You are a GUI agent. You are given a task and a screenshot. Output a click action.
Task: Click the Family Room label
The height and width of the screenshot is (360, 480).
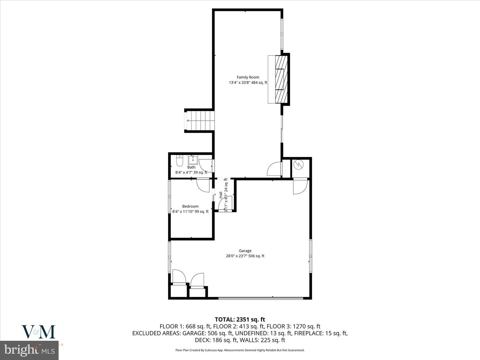point(248,77)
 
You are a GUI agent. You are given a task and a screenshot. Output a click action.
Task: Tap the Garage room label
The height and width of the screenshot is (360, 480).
point(245,251)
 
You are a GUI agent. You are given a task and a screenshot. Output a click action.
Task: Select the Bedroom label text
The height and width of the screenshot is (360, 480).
point(190,206)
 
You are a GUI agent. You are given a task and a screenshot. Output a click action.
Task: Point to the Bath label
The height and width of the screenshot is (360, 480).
point(191,167)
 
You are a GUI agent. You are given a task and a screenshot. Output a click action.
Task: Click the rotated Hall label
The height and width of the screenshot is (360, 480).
point(221,195)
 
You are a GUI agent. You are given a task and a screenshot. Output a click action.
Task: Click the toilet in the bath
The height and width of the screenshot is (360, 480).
point(179,162)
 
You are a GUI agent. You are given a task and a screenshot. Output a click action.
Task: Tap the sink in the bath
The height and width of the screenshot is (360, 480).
point(193,159)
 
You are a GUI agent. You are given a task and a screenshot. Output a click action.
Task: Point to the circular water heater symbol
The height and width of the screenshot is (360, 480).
point(298,165)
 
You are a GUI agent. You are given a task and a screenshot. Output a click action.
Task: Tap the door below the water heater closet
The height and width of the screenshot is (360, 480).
point(299,187)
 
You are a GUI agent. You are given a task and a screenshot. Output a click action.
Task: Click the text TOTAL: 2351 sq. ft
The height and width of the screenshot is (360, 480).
point(240,320)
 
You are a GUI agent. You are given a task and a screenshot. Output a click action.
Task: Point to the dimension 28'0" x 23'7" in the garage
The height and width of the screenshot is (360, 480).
point(245,256)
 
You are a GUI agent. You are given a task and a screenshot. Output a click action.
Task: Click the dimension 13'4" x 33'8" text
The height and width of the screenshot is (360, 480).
point(248,83)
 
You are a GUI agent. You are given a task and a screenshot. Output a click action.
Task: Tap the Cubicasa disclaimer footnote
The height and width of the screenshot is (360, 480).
point(240,350)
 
